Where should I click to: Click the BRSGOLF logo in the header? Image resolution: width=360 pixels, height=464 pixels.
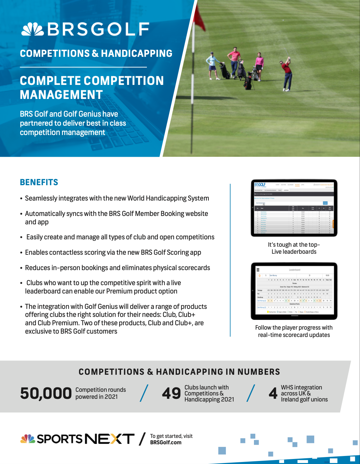click(x=85, y=29)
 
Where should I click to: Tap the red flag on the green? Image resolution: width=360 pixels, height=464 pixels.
click(x=200, y=18)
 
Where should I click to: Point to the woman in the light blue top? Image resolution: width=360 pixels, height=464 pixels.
click(x=212, y=65)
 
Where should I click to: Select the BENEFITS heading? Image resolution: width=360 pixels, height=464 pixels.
click(x=39, y=182)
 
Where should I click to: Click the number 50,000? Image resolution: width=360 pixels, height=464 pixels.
click(x=46, y=393)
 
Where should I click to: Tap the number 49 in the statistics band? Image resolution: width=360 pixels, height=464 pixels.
click(x=171, y=393)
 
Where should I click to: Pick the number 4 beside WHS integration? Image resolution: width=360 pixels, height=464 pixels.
click(x=273, y=393)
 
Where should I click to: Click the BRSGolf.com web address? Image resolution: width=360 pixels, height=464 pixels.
click(x=166, y=442)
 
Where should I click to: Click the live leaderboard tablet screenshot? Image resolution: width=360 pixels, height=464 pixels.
click(x=294, y=208)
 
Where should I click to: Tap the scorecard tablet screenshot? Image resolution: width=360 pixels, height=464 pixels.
click(x=294, y=291)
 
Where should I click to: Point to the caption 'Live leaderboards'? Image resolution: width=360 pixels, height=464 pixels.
click(x=294, y=252)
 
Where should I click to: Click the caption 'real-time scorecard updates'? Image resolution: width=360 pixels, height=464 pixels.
click(x=294, y=335)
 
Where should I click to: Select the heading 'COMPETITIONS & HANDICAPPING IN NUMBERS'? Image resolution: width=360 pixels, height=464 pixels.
click(x=179, y=372)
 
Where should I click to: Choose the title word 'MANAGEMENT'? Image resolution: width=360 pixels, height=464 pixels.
click(x=61, y=95)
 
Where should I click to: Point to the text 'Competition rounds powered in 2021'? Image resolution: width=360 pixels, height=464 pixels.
click(x=100, y=393)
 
